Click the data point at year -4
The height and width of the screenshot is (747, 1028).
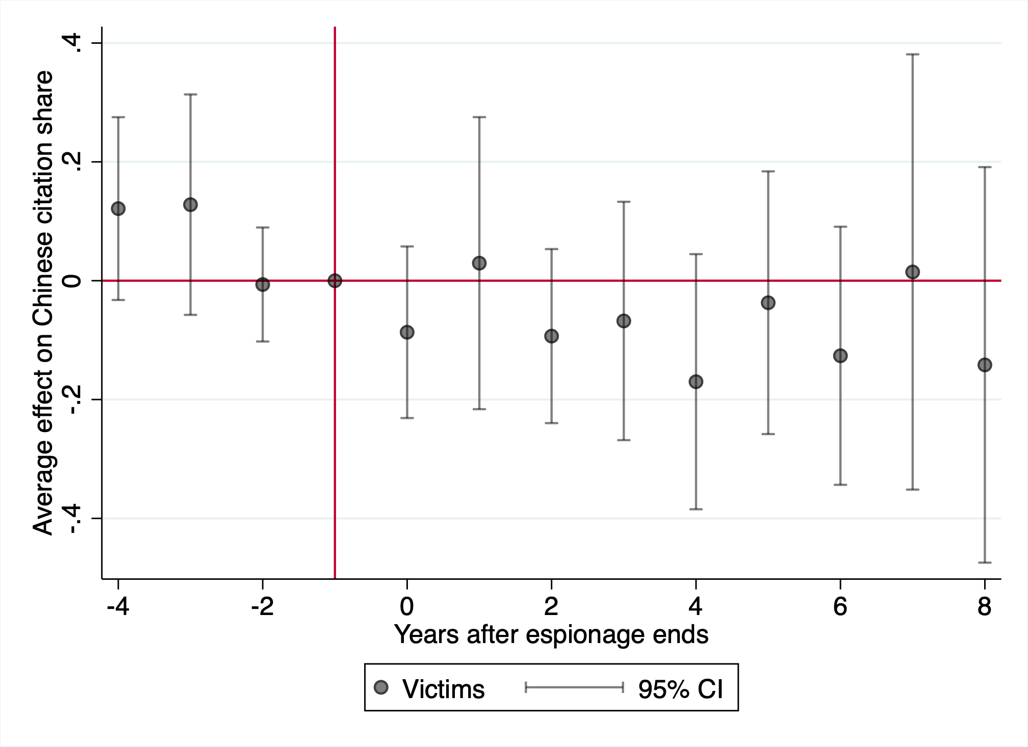click(118, 208)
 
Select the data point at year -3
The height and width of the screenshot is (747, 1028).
click(190, 204)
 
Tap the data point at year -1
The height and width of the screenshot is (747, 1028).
click(335, 280)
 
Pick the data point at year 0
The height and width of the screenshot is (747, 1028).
click(407, 332)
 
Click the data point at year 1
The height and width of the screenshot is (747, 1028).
click(479, 263)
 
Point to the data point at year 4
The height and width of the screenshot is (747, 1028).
click(696, 382)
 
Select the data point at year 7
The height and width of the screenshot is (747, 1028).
click(912, 272)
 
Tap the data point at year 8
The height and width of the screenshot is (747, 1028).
click(985, 365)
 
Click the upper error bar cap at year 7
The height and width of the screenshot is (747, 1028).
click(912, 54)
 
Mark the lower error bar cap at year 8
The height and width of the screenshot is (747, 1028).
click(985, 563)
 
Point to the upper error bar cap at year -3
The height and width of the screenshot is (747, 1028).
click(190, 94)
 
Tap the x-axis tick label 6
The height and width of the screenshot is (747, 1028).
click(840, 606)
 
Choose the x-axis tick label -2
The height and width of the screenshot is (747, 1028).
click(263, 606)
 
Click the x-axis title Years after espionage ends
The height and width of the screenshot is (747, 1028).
click(551, 635)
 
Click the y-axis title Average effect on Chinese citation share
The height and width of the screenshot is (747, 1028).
click(43, 303)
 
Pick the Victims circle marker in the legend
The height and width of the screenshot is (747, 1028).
click(381, 687)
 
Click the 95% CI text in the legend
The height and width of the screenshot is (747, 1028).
click(681, 689)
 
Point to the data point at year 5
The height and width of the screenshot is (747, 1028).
click(768, 303)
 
